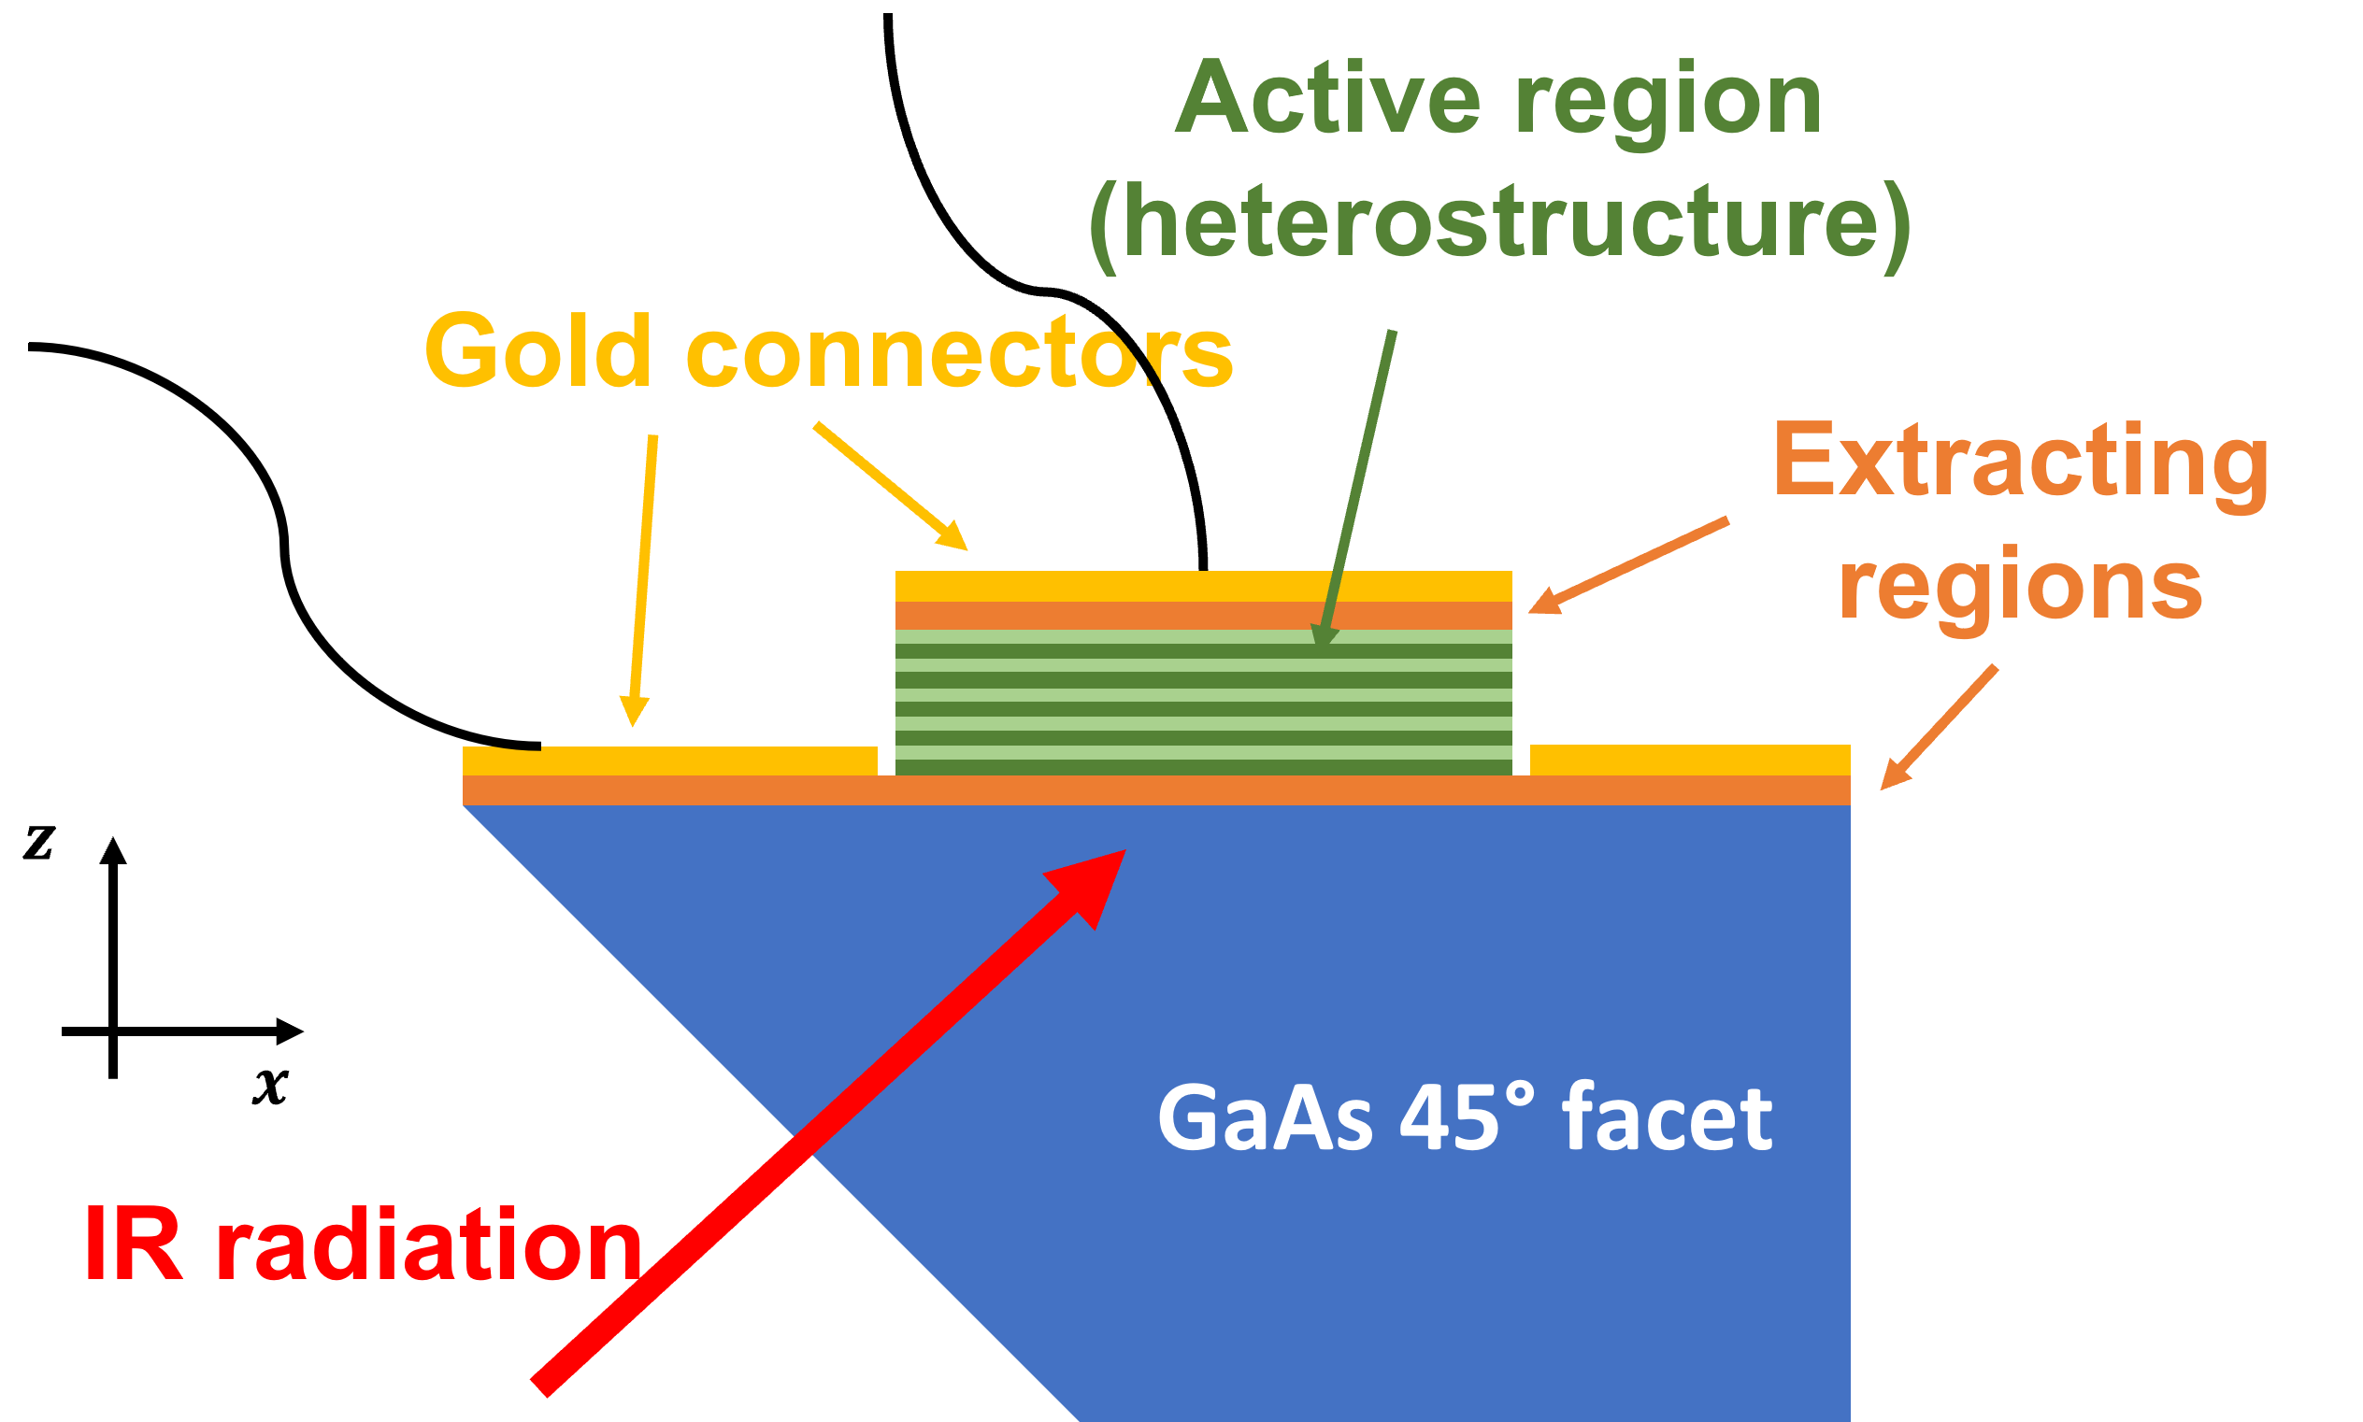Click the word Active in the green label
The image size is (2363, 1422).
click(1327, 100)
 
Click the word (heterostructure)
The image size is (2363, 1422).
click(1499, 224)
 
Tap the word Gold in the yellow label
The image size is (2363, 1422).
click(537, 351)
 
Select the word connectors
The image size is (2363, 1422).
click(959, 353)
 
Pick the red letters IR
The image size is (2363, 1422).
click(134, 1245)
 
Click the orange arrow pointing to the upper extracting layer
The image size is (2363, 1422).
click(1629, 565)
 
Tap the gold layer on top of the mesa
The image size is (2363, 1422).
click(1203, 586)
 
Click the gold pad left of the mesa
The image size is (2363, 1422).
click(671, 761)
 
